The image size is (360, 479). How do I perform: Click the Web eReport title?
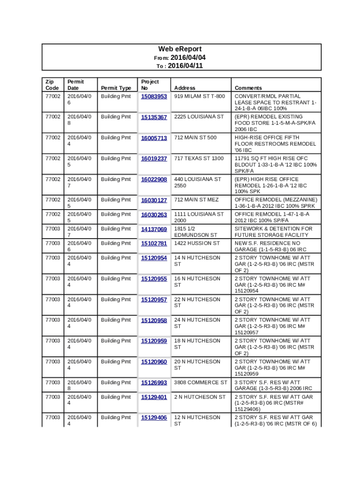[x=180, y=49]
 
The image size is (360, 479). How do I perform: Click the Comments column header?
[x=248, y=88]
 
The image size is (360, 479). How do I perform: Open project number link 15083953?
[x=154, y=97]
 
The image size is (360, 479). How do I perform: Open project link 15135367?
[x=154, y=117]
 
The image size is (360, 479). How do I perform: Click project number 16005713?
[x=154, y=138]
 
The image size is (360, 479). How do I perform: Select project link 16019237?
[x=154, y=159]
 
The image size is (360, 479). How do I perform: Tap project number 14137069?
[x=154, y=230]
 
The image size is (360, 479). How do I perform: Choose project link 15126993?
[x=154, y=383]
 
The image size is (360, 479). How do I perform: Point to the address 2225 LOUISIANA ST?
[x=199, y=116]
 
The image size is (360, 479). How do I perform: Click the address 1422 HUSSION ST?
[x=197, y=243]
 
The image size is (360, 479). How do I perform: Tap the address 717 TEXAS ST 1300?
[x=199, y=158]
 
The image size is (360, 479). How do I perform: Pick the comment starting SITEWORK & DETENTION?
[x=274, y=232]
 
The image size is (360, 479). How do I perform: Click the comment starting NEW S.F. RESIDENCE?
[x=274, y=247]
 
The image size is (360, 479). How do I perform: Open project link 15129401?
[x=154, y=398]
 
